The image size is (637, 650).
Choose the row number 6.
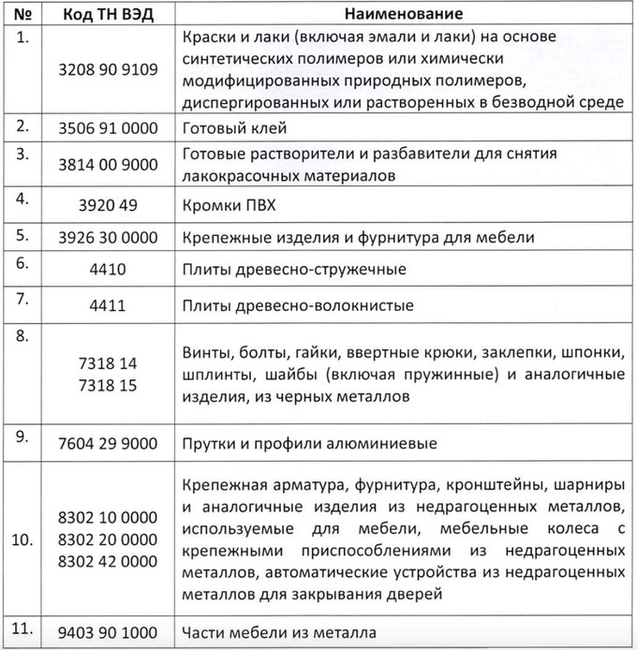(22, 263)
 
